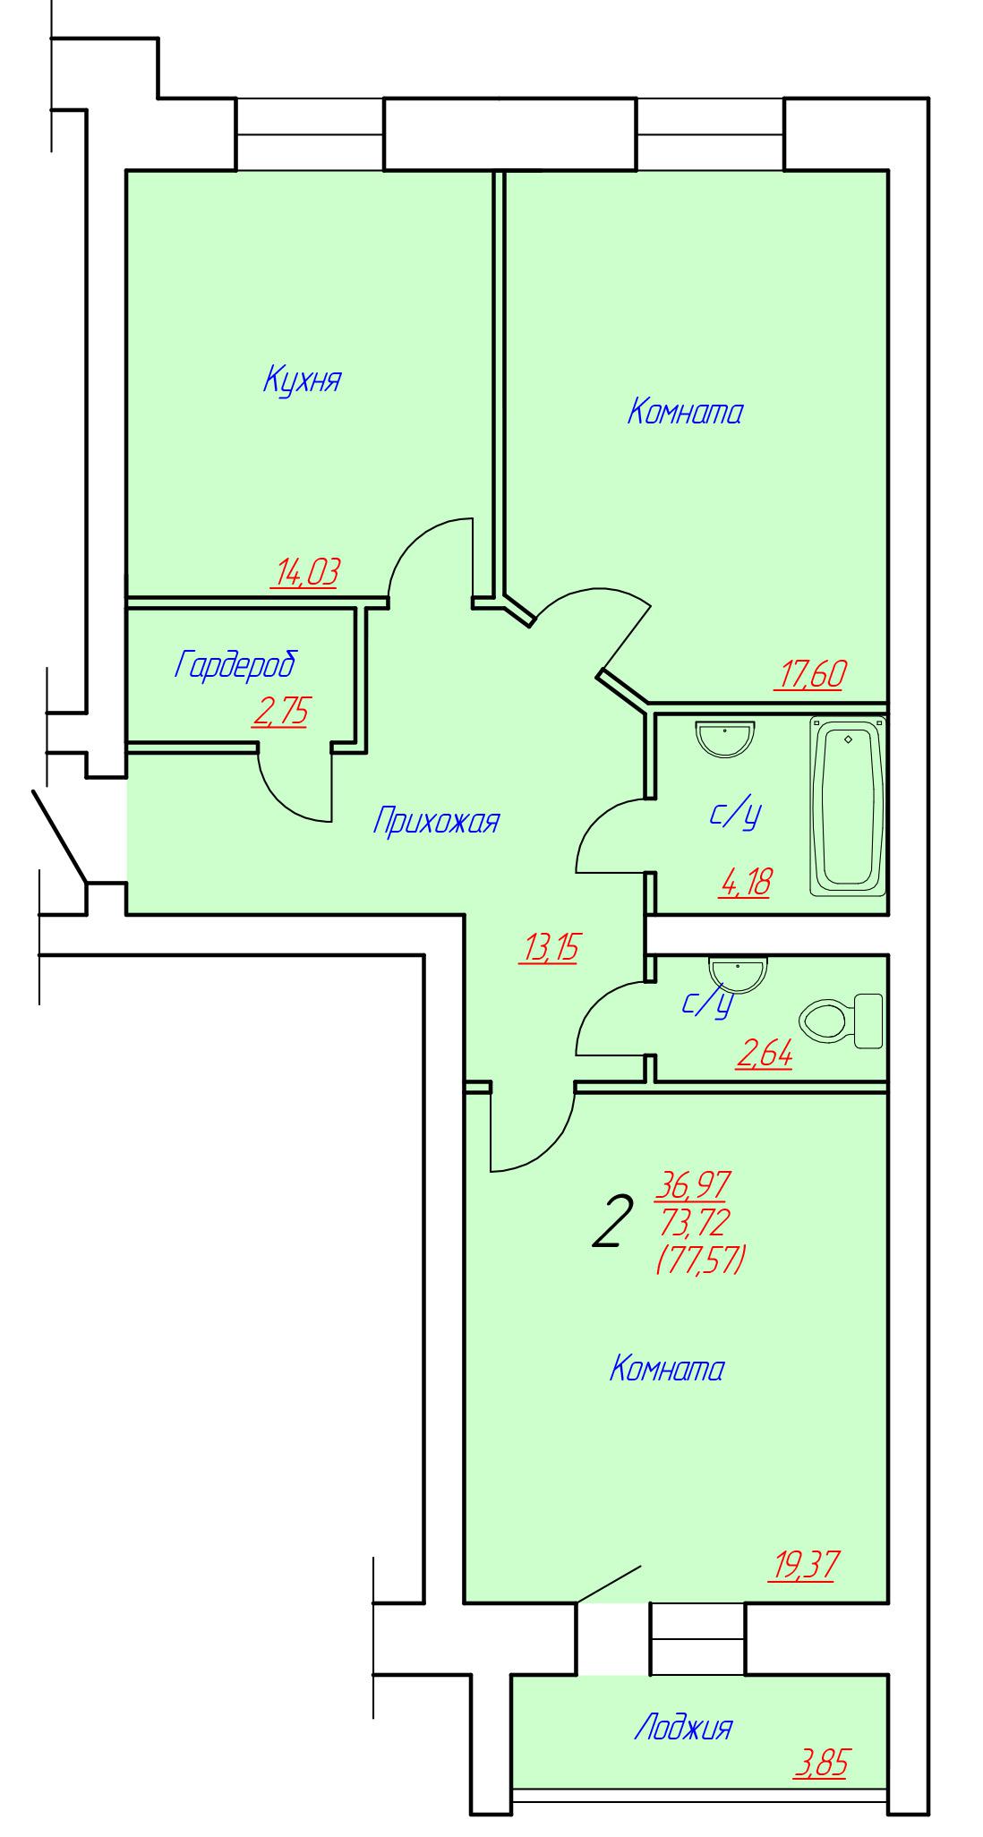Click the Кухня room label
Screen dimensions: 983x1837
point(302,380)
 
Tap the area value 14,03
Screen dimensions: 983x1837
point(305,572)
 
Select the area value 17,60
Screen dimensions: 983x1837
point(811,674)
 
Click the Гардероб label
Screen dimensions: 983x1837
point(235,665)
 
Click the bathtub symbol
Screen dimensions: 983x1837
point(848,806)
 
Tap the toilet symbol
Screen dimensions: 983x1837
point(840,1021)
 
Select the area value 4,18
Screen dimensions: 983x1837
point(745,884)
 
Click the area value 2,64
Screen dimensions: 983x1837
point(764,1056)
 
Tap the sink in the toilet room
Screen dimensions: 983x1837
point(739,972)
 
